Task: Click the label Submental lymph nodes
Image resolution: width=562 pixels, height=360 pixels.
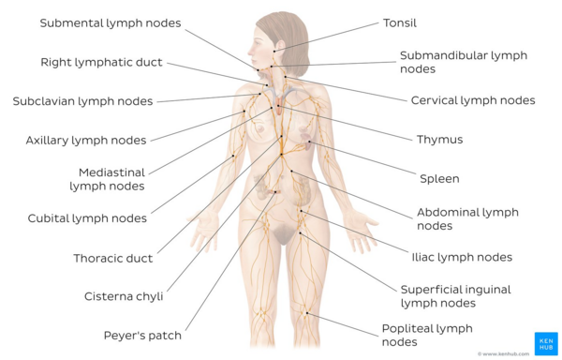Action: (x=111, y=23)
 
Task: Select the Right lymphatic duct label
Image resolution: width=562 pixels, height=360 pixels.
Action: (x=101, y=63)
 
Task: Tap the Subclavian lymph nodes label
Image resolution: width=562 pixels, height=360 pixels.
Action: (x=82, y=101)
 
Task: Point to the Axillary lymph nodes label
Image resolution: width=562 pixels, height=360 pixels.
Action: (x=85, y=141)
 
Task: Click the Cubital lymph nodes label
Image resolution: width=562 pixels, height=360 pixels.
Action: (x=87, y=218)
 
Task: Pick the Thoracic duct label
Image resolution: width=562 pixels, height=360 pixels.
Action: (x=113, y=258)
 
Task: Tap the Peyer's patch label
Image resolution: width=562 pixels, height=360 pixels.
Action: (x=142, y=335)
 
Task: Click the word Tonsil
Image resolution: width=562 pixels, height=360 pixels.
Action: (x=400, y=23)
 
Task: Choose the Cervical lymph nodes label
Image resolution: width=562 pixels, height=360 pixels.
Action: (x=473, y=100)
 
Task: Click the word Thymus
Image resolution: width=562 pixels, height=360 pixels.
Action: (x=440, y=140)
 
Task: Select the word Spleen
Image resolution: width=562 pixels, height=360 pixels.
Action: (x=439, y=178)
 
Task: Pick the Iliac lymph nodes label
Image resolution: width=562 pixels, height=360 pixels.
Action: (x=462, y=257)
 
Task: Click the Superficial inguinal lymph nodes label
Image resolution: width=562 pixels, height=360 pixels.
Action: (x=455, y=296)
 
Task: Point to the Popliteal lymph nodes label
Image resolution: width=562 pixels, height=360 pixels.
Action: (x=427, y=335)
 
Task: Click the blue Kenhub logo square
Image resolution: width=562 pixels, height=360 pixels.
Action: (x=545, y=342)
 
